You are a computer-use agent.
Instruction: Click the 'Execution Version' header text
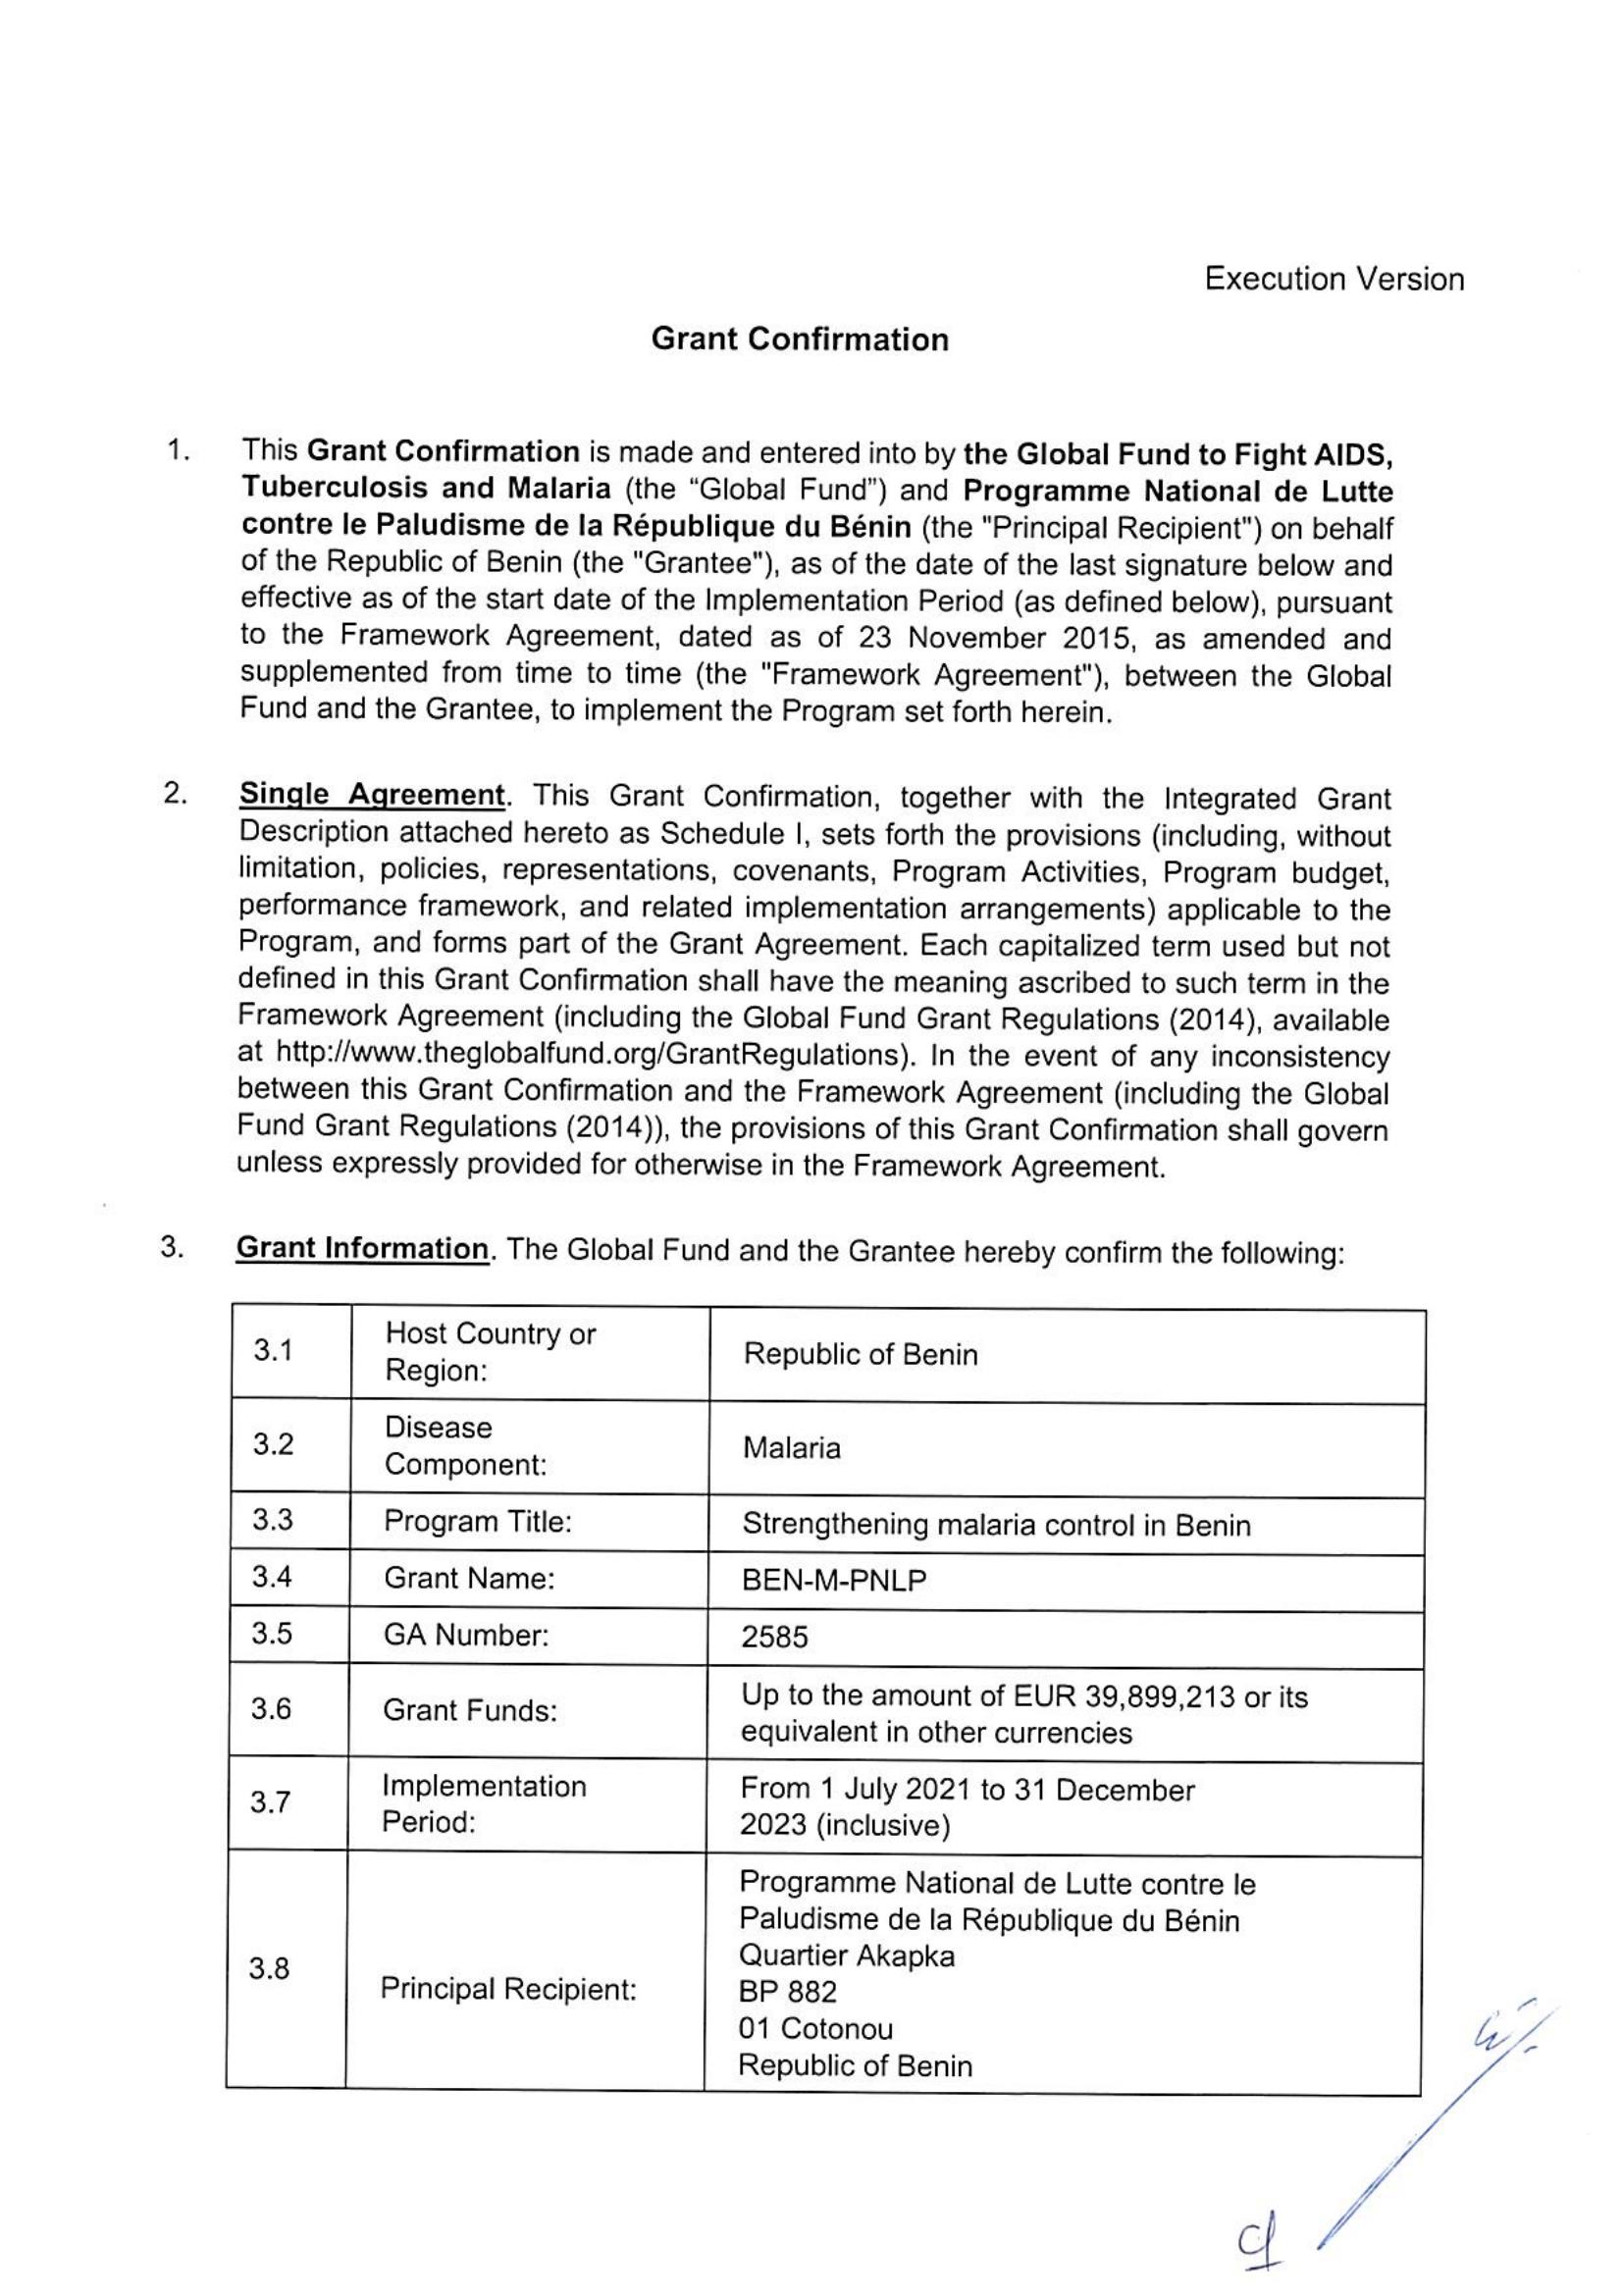pos(1334,279)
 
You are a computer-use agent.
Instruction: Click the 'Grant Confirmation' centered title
pos(800,339)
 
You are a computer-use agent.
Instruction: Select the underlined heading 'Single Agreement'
pos(372,795)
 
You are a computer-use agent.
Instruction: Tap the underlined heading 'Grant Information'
pos(362,1248)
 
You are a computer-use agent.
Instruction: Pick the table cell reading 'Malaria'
pos(792,1447)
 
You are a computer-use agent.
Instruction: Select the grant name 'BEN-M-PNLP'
pos(833,1581)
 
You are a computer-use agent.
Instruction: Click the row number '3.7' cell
pos(271,1802)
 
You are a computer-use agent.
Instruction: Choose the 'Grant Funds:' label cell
pos(469,1710)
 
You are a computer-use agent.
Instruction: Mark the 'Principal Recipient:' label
pos(507,1989)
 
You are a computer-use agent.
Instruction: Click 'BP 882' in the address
pos(788,1992)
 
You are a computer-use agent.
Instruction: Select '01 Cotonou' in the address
pos(815,2028)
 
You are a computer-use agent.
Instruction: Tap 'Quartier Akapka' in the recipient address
pos(847,1956)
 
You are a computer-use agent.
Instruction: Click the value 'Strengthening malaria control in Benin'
pos(995,1526)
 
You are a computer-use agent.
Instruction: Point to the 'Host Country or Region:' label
pos(490,1351)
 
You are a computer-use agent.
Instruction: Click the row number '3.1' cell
pos(273,1351)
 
